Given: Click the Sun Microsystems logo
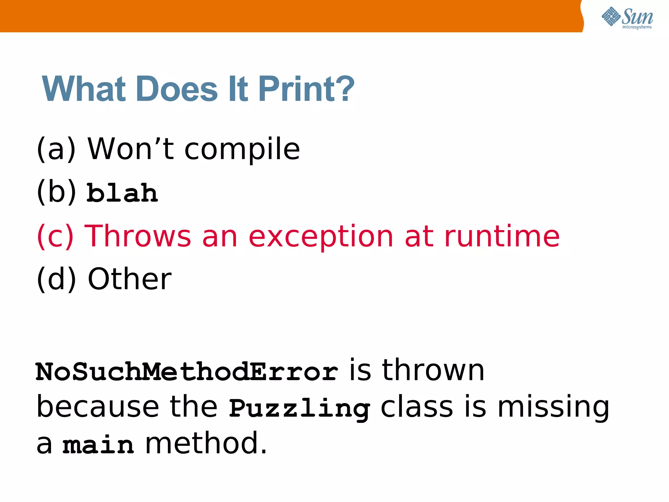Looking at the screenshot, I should pos(627,18).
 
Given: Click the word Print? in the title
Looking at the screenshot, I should pos(306,89).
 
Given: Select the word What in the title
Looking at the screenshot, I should pos(84,89).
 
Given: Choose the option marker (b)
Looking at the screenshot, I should pos(56,192).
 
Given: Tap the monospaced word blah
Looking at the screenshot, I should pos(122,193).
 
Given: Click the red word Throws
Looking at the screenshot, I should pos(138,236).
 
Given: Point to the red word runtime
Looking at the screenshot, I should pos(502,236).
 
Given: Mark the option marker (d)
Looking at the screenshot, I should pos(56,279).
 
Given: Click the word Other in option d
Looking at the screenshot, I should pos(129,279).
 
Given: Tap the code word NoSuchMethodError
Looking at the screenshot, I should pos(187,372).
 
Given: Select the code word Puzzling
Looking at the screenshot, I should pos(299,409).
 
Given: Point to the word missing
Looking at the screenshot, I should pos(553,408).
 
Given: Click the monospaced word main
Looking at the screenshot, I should pos(98,445).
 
